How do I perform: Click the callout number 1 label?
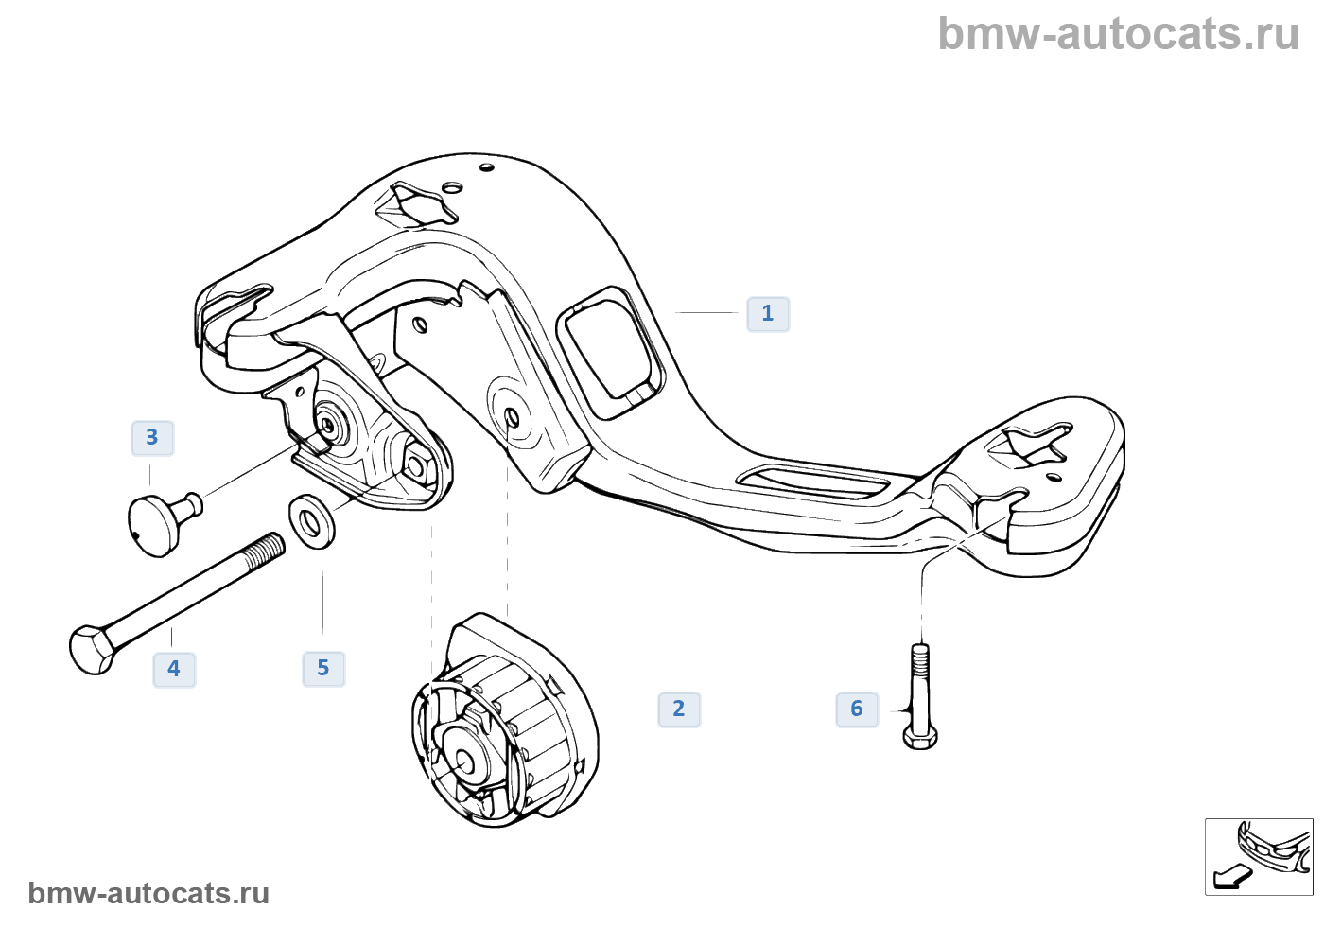(768, 314)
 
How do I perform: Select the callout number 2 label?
(679, 709)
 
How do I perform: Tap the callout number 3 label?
(152, 438)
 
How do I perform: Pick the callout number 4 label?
(174, 670)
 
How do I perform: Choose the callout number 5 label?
(323, 669)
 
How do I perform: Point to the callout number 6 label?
(857, 709)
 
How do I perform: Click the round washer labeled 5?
(311, 521)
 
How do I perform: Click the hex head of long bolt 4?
(92, 649)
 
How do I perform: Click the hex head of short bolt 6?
(920, 735)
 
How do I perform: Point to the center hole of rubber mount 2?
(465, 759)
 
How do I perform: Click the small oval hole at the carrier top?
(487, 168)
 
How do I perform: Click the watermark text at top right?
(1118, 34)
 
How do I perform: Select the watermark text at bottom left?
(148, 893)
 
